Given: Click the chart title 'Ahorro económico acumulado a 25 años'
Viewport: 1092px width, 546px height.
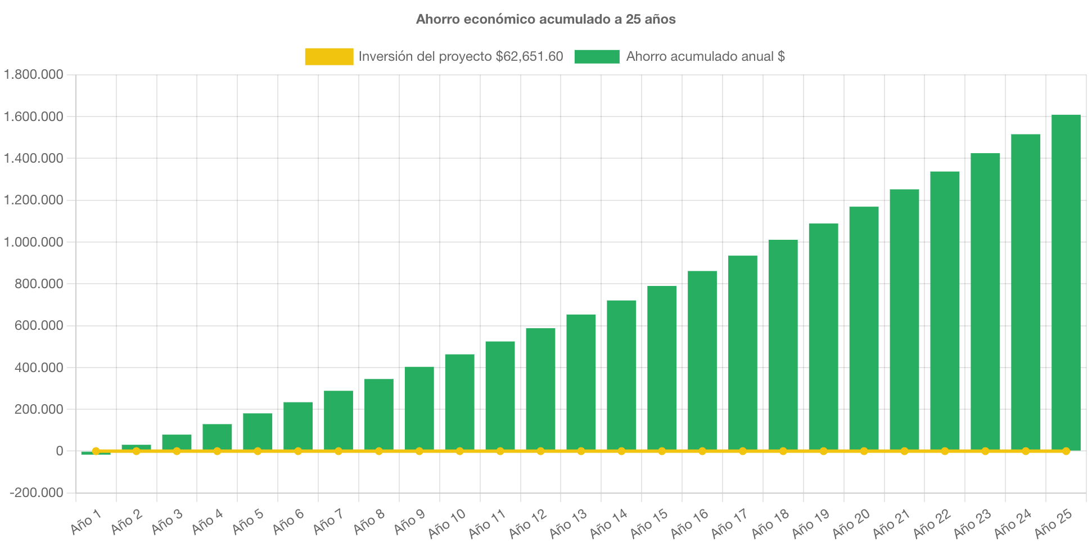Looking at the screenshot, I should [545, 19].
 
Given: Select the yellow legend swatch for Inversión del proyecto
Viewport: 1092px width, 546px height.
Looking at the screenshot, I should [329, 56].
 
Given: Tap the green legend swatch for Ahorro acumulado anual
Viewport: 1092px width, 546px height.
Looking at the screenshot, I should [597, 56].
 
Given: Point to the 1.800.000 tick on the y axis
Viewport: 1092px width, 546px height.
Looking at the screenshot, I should [33, 74].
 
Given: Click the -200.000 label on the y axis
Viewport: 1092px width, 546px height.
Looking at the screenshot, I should [36, 493].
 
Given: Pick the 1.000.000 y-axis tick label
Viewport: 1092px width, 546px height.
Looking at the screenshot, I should [33, 242].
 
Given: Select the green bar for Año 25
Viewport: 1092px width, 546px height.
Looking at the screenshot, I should [1066, 281].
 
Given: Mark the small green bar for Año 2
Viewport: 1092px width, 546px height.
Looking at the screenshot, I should [136, 447].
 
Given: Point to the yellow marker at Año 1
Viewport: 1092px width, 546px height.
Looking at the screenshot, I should [96, 451].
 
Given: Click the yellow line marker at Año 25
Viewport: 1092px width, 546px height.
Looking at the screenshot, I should [1066, 451].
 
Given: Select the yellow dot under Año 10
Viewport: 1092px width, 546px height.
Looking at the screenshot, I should [459, 451].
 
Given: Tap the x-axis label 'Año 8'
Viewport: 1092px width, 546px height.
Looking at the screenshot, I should [369, 521].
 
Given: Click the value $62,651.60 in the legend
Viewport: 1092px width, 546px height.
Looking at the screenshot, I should [529, 56].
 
